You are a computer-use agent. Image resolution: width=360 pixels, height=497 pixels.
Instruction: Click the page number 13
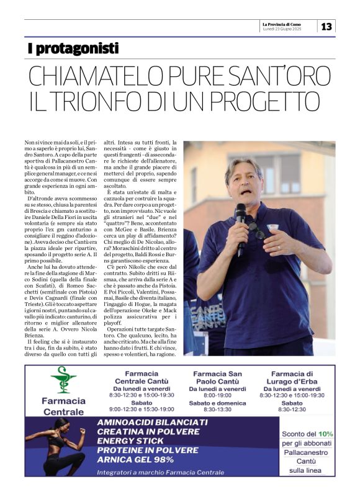coord(326,26)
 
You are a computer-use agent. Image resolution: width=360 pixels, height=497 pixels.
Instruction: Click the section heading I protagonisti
coord(73,48)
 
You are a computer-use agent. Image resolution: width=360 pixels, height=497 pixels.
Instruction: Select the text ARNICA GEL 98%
coord(134,460)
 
